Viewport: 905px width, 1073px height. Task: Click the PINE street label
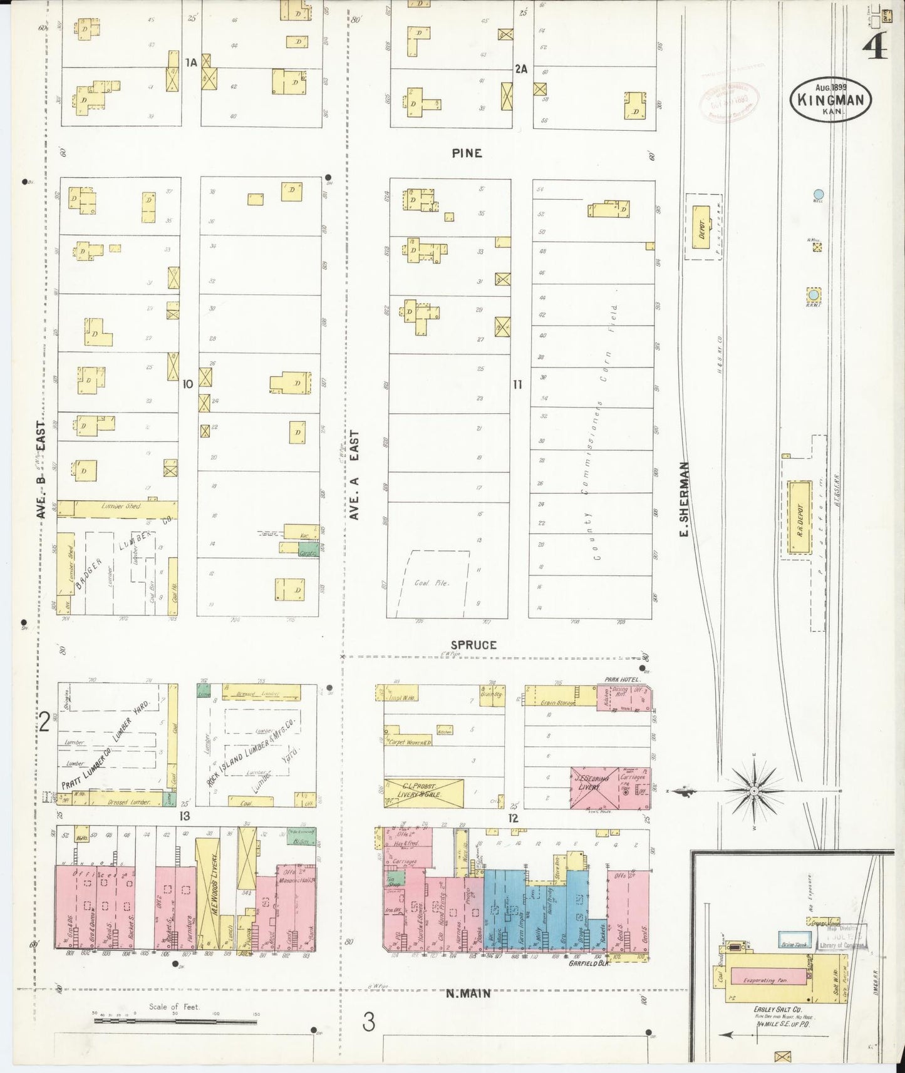coord(467,153)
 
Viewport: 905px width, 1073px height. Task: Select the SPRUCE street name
coord(473,644)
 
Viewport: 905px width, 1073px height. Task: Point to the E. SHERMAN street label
coord(685,499)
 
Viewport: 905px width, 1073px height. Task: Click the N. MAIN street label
coord(468,993)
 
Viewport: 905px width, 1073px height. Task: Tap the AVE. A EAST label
coord(354,475)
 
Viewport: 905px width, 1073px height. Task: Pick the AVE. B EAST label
coord(41,470)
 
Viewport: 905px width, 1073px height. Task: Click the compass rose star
coord(755,791)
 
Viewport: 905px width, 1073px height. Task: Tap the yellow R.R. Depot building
coord(799,517)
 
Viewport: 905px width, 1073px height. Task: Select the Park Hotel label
coord(620,679)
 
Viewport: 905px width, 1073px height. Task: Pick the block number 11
coord(517,384)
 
